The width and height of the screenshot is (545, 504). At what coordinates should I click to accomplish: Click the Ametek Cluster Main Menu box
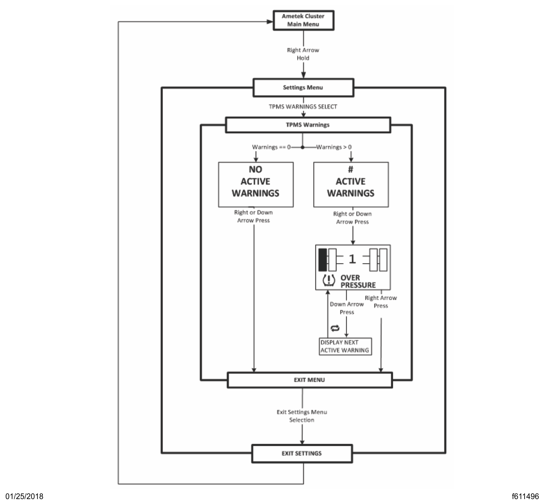pos(303,20)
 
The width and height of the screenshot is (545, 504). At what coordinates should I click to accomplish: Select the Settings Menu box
pos(303,88)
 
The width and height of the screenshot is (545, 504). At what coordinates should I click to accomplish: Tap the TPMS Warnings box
pos(308,125)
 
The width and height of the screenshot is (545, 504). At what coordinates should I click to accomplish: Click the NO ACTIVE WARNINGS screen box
pos(256,184)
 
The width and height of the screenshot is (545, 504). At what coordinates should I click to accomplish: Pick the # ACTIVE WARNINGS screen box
pos(351,184)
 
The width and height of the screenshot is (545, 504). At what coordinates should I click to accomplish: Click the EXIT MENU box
pos(309,380)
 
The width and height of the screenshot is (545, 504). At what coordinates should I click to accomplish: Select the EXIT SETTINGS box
pos(302,453)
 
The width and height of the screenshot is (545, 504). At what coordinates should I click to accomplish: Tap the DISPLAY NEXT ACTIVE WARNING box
pos(345,346)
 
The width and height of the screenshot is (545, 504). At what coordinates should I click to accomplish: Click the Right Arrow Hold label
pos(303,54)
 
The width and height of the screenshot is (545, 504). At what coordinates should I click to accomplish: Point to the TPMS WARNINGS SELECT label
pos(303,107)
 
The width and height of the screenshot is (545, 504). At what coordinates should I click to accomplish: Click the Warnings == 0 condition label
pos(271,147)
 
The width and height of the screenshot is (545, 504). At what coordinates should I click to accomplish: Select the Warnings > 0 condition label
pos(334,147)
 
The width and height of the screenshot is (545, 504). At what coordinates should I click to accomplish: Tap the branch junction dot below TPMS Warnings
pos(303,147)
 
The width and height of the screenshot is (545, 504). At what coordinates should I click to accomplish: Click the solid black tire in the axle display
pos(323,260)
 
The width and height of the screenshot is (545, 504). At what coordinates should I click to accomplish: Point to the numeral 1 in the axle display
pos(352,259)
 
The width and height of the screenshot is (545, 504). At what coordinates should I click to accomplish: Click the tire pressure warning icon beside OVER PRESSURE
pos(329,280)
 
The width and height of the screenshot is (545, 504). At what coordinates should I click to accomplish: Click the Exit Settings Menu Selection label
pos(302,416)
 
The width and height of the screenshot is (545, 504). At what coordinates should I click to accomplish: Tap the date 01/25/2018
pos(24,496)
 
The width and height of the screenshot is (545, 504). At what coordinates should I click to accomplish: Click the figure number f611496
pos(525,496)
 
